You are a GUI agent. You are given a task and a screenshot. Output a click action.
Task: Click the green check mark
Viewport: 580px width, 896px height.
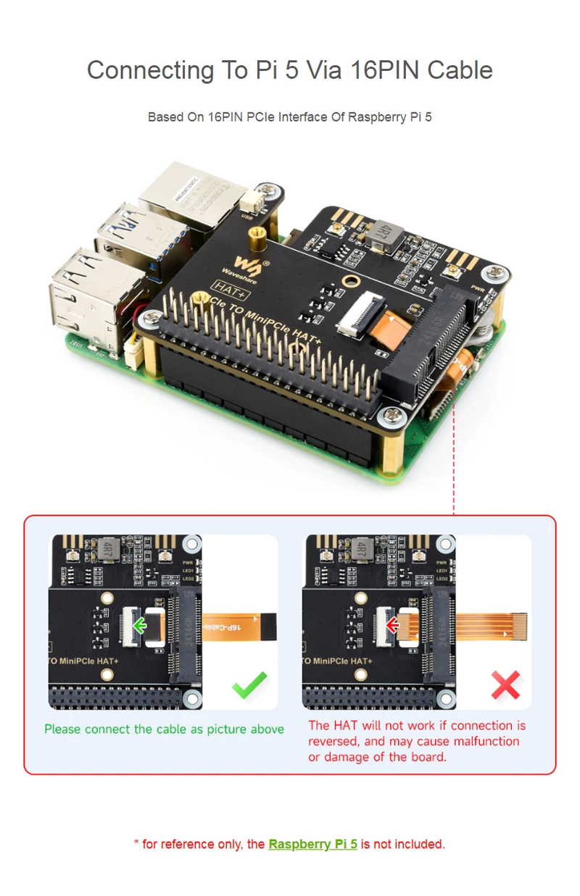coord(249,684)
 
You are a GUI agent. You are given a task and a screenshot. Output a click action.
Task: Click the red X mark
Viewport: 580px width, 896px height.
coord(505,684)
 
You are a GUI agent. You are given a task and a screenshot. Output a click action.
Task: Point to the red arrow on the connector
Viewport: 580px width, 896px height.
coord(393,625)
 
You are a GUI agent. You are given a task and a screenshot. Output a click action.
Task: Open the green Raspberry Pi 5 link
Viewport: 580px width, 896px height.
coord(312,844)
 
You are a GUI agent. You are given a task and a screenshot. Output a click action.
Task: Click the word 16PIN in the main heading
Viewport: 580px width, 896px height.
coord(384,70)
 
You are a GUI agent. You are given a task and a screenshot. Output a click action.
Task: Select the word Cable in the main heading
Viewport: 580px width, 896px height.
coord(460,70)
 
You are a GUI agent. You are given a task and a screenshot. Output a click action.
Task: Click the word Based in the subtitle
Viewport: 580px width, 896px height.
coord(166,117)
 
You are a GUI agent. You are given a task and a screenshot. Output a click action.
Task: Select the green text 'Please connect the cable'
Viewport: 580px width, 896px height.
coord(109,729)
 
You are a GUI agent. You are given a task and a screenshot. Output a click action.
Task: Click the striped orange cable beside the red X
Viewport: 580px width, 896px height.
coord(493,623)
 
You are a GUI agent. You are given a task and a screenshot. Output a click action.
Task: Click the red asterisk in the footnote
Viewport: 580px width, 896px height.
coord(136,844)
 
